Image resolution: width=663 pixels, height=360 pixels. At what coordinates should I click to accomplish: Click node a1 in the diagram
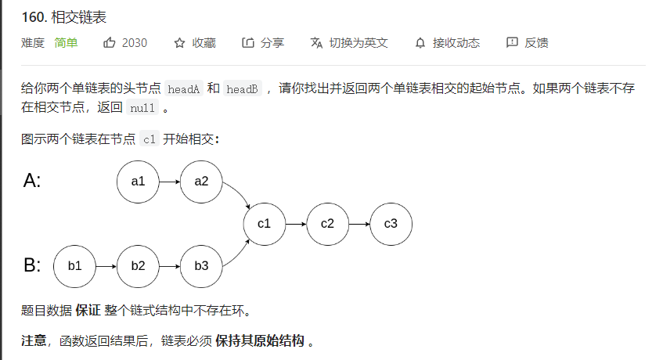(139, 182)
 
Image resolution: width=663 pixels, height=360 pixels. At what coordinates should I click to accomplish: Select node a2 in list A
(201, 182)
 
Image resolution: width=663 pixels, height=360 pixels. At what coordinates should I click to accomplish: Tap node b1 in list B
(74, 265)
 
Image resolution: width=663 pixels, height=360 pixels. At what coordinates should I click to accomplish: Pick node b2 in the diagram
(139, 265)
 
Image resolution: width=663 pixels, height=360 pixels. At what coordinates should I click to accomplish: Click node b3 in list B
(201, 265)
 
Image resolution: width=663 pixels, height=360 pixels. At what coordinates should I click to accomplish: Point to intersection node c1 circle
(264, 224)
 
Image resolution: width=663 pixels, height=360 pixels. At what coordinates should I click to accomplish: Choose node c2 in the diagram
(327, 224)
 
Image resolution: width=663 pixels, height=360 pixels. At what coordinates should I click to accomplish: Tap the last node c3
(391, 224)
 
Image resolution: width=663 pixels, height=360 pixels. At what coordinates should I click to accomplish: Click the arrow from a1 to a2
(170, 182)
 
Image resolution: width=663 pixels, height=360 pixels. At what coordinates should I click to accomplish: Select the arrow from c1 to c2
(296, 224)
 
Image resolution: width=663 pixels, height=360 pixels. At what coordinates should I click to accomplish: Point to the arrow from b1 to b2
(106, 265)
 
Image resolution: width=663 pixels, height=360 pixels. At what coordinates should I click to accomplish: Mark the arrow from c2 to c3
(359, 224)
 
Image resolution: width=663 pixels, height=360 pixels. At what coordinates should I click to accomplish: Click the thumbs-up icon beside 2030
(110, 43)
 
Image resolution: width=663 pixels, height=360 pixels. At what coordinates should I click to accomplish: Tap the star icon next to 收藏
(179, 43)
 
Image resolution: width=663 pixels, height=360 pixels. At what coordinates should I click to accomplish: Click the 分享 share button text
(272, 43)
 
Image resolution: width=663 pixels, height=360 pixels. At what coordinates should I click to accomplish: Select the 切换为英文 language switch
(358, 43)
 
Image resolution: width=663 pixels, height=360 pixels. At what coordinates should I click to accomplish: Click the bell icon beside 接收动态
(420, 43)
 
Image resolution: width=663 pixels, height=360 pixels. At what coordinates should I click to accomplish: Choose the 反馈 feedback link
(536, 43)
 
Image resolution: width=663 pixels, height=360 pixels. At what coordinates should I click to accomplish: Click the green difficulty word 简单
(66, 43)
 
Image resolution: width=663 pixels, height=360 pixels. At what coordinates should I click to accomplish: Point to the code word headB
(242, 89)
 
